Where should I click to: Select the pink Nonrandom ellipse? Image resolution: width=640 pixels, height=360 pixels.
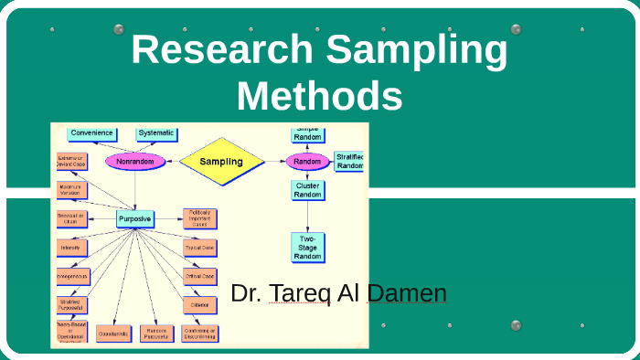135,162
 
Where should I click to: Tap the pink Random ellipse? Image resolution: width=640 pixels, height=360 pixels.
307,162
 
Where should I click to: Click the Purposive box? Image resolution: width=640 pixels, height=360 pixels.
134,218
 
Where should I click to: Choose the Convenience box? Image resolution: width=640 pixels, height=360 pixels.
92,133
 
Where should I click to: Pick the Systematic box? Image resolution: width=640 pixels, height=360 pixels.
156,133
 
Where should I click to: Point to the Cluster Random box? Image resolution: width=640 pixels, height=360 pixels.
307,190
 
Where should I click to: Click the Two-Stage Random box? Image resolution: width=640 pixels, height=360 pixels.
307,247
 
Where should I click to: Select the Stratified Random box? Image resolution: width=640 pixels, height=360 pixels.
349,161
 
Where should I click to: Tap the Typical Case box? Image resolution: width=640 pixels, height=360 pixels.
199,248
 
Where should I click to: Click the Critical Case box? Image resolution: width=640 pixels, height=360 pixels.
199,276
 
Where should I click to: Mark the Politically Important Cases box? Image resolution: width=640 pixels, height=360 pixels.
199,218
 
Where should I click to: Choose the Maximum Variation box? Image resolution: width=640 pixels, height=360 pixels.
71,190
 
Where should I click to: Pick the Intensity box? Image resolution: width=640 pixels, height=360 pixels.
71,248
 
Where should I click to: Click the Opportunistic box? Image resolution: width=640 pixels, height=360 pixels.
112,334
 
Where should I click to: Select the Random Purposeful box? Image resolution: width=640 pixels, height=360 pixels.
157,334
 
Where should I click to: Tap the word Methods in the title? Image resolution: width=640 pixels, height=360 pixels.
325,95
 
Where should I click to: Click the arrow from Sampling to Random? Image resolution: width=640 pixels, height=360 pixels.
274,162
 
